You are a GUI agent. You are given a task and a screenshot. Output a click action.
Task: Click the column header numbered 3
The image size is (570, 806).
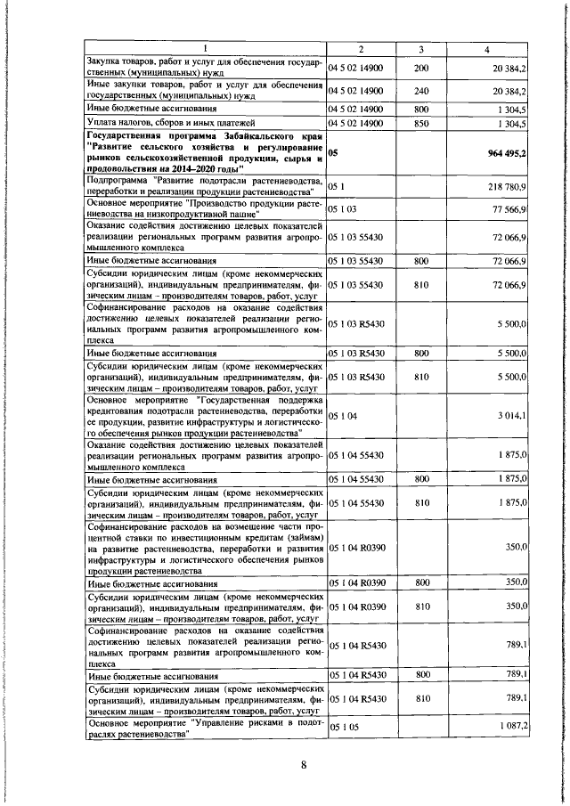pyautogui.click(x=420, y=47)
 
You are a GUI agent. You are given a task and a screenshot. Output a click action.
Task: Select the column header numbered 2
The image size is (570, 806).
pyautogui.click(x=362, y=47)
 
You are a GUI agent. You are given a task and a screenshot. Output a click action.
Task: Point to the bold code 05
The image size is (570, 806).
pyautogui.click(x=333, y=153)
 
